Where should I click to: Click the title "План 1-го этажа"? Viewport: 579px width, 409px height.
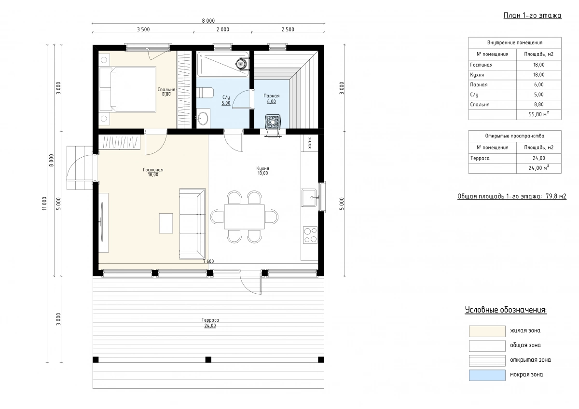click(x=533, y=15)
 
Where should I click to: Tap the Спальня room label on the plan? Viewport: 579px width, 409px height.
click(x=166, y=89)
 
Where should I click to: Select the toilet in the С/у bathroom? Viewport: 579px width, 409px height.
click(x=205, y=93)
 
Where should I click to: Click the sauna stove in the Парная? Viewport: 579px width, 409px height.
click(x=273, y=122)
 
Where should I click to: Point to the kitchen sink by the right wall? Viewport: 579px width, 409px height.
click(x=309, y=197)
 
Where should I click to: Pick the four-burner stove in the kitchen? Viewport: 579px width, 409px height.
click(x=310, y=235)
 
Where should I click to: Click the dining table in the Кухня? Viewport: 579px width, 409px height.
click(x=244, y=217)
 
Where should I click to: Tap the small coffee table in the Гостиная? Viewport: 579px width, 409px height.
click(x=166, y=223)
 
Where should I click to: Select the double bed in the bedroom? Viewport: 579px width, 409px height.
click(x=128, y=89)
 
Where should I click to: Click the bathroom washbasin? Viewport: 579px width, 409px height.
click(x=203, y=118)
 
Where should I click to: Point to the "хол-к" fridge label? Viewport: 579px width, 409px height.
click(x=310, y=143)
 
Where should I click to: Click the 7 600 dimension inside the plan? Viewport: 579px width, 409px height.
click(x=208, y=261)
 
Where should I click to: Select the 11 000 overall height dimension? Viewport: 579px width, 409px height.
click(x=44, y=204)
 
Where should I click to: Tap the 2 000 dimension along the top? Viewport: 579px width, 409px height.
click(x=223, y=29)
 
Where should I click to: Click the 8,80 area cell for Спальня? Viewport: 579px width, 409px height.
click(x=538, y=104)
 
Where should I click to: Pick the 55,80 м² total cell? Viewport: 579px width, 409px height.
click(x=538, y=114)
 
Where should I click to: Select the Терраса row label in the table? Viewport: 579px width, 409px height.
click(x=480, y=158)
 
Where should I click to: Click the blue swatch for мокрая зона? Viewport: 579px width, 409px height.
click(x=487, y=375)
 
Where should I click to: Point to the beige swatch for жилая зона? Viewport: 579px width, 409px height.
click(x=487, y=331)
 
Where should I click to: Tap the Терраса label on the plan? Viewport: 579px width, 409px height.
click(x=210, y=320)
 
